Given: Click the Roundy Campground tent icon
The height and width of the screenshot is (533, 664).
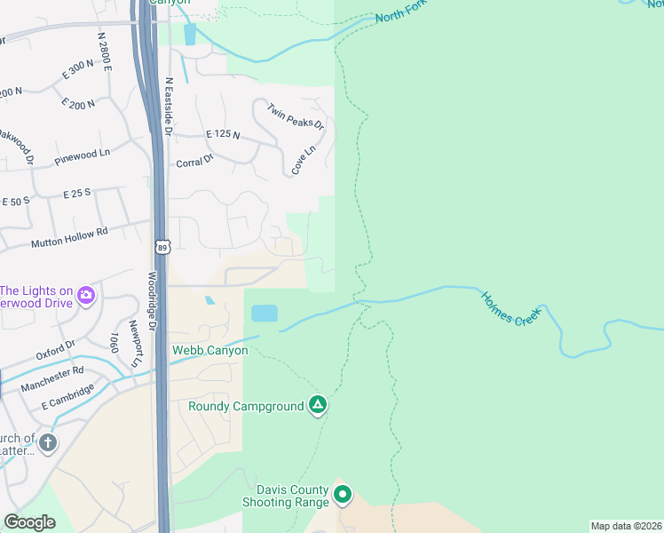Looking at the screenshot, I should [318, 406].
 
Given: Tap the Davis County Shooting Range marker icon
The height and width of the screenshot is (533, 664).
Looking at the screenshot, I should [343, 494].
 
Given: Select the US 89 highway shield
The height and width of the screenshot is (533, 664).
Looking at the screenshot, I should [161, 245].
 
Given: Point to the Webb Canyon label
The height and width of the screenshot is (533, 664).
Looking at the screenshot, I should [209, 351].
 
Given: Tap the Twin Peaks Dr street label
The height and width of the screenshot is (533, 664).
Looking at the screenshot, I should [296, 115].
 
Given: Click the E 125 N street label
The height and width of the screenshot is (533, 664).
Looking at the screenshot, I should [223, 134].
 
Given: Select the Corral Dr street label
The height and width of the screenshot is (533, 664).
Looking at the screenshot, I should [194, 162].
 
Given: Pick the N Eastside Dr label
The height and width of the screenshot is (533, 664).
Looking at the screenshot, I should [168, 106].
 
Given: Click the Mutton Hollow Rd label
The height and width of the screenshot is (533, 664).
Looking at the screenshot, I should [68, 236].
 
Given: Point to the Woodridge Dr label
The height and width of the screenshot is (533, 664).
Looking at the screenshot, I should [152, 302].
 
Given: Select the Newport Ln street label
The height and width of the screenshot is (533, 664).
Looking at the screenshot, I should [135, 343].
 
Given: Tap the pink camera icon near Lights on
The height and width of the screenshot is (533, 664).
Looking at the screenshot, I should [86, 294].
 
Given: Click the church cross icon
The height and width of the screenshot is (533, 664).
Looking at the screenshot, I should [48, 442].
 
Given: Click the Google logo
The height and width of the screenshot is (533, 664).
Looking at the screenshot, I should [29, 522].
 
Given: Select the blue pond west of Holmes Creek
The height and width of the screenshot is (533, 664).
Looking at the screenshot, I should [265, 314].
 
